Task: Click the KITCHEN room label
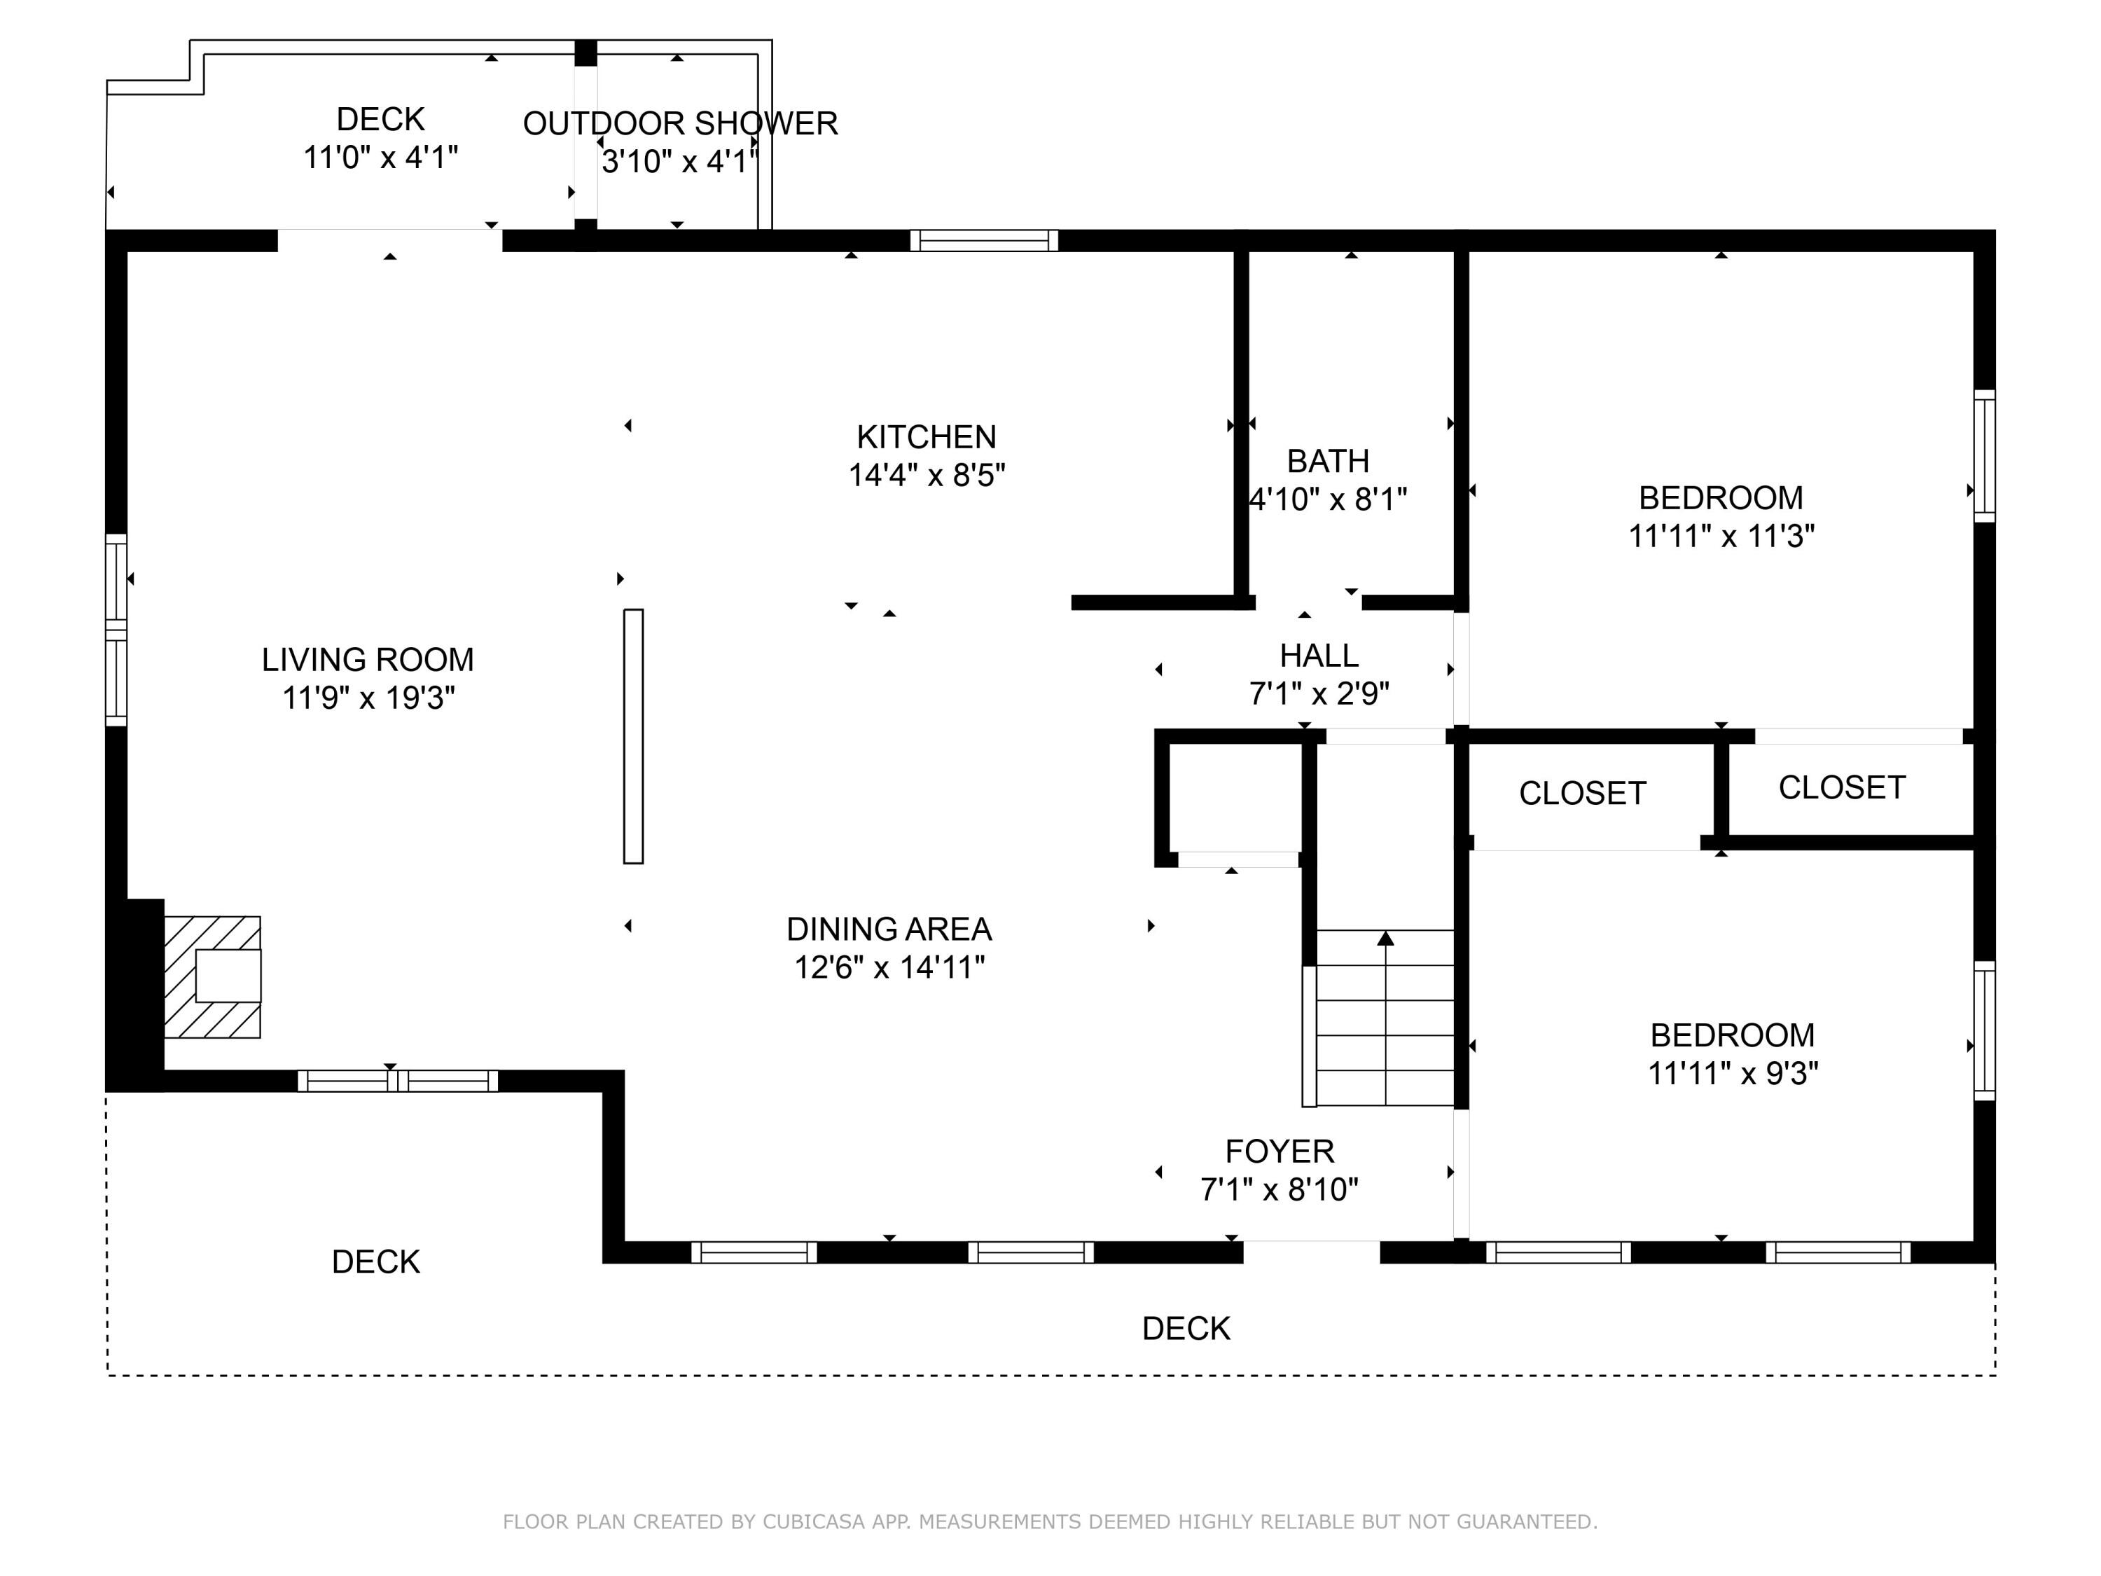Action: tap(926, 437)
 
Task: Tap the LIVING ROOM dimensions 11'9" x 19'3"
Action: tap(368, 698)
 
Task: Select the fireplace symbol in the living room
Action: tap(213, 976)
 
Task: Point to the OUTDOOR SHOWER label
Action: tap(680, 123)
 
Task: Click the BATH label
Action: tap(1328, 461)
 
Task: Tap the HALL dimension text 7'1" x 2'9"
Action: tap(1319, 694)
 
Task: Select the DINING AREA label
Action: tap(889, 929)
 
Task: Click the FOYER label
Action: tap(1280, 1152)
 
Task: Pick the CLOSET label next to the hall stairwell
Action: tap(1582, 793)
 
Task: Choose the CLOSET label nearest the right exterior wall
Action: tap(1842, 787)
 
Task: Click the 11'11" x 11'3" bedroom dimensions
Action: tap(1721, 537)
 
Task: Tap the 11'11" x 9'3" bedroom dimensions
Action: tap(1733, 1074)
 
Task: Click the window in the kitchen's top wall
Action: tap(984, 240)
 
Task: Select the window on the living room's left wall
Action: tap(116, 630)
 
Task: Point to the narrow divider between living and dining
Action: tap(632, 736)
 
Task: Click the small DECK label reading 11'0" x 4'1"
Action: tap(381, 120)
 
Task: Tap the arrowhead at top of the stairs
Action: tap(1386, 939)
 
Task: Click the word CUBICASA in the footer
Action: tap(814, 1522)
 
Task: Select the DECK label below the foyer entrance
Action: tap(1186, 1328)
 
